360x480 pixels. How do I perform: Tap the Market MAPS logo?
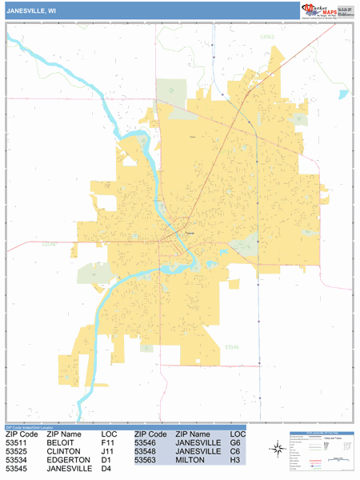pyautogui.click(x=325, y=10)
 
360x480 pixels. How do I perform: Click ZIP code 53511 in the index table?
pyautogui.click(x=18, y=442)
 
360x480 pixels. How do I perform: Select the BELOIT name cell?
pyautogui.click(x=63, y=442)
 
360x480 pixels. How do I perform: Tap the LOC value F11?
pyautogui.click(x=108, y=442)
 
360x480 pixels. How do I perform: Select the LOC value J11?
pyautogui.click(x=108, y=451)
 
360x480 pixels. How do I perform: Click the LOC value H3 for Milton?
pyautogui.click(x=234, y=461)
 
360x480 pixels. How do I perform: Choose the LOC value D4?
pyautogui.click(x=106, y=470)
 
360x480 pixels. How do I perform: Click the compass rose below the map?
pyautogui.click(x=277, y=448)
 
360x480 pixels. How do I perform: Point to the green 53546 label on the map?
pyautogui.click(x=254, y=346)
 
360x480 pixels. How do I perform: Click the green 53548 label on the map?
pyautogui.click(x=49, y=245)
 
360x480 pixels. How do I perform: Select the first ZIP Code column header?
pyautogui.click(x=22, y=433)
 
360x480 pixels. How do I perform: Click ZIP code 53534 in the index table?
pyautogui.click(x=18, y=461)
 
